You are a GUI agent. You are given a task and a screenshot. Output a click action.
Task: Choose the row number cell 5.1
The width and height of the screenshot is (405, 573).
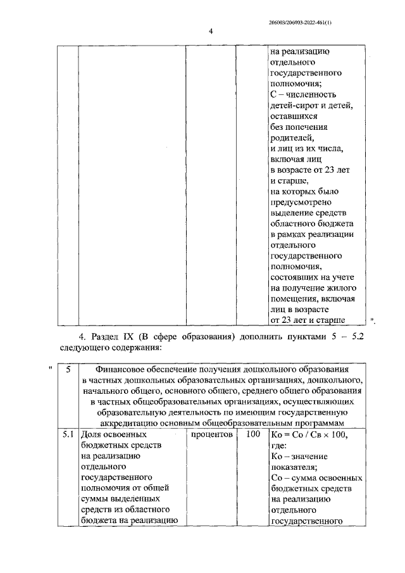tap(67, 435)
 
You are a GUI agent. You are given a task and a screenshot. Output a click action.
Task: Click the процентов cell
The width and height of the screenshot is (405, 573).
tap(211, 435)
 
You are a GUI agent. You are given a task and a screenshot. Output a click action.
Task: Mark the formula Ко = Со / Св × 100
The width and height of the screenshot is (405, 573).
tap(308, 436)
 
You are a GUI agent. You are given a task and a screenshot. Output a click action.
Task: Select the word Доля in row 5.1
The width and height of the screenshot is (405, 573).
tap(92, 435)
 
